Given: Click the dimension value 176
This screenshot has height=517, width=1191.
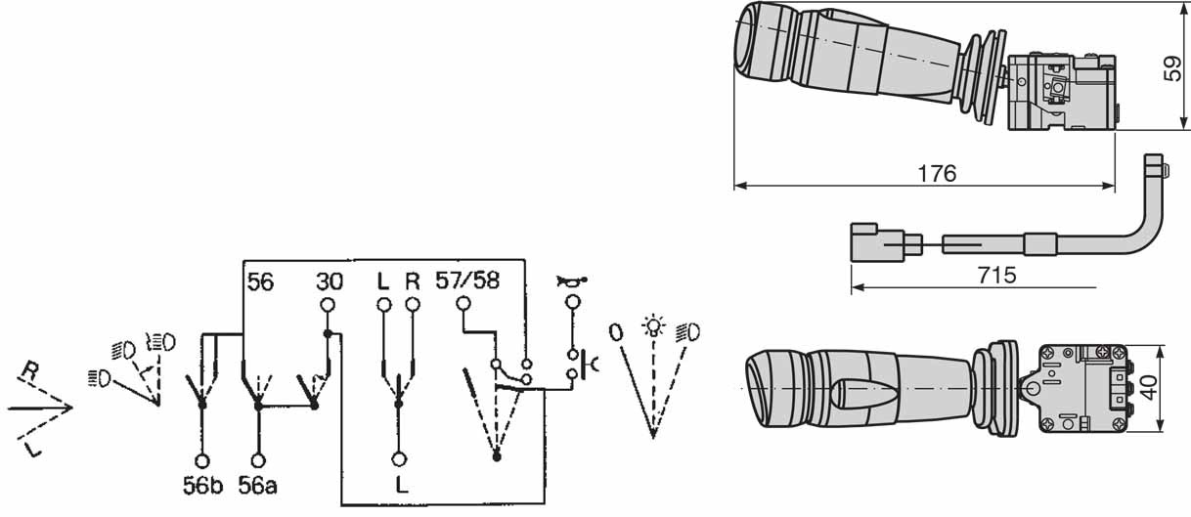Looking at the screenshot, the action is [937, 173].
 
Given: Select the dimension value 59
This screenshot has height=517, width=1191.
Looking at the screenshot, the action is [1171, 68].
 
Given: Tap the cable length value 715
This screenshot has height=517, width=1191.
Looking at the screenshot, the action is [997, 276].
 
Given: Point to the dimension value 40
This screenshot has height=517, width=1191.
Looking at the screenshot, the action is [1148, 388].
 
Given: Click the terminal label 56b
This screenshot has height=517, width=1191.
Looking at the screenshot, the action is [202, 485].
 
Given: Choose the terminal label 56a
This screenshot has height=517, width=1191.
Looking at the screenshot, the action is [257, 485].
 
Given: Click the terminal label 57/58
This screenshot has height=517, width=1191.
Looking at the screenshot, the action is [467, 280].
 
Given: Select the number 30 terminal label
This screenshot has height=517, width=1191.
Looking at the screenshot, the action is [330, 281].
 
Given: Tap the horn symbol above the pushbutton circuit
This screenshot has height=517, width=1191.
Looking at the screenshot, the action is [572, 280].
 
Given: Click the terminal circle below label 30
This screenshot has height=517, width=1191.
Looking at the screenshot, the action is [328, 305].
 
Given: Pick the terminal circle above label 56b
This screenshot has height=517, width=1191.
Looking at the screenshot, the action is [202, 460].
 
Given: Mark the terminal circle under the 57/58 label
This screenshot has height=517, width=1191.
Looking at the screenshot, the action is [463, 303].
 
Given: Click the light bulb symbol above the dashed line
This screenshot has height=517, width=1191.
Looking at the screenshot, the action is [653, 325].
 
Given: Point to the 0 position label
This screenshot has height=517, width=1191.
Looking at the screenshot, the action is [615, 332].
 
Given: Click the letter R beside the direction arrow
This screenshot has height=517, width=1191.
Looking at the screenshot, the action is [30, 370].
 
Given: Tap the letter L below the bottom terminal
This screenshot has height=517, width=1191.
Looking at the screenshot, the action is [402, 484].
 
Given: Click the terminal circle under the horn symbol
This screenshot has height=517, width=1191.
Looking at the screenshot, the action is [572, 302].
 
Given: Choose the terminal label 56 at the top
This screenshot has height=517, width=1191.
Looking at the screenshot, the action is [260, 282].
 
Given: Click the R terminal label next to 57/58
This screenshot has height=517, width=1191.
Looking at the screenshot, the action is [413, 280].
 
